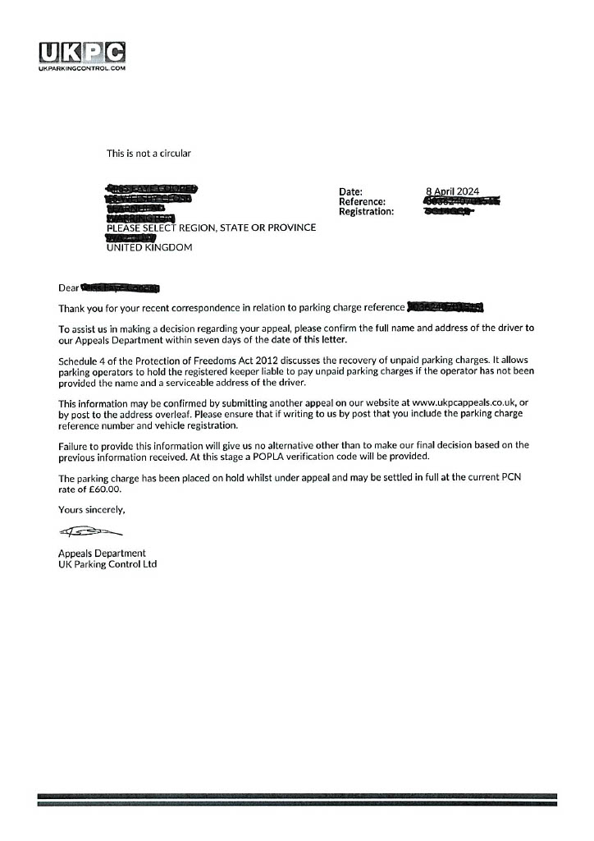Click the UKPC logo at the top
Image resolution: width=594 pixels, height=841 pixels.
pyautogui.click(x=81, y=54)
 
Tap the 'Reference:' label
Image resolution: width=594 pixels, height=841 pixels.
pyautogui.click(x=362, y=201)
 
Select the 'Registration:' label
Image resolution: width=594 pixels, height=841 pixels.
pyautogui.click(x=366, y=211)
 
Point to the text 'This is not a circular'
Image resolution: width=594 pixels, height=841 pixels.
pyautogui.click(x=148, y=153)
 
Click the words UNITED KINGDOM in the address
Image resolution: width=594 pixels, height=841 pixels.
pyautogui.click(x=149, y=247)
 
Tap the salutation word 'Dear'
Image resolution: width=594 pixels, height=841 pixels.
pyautogui.click(x=68, y=288)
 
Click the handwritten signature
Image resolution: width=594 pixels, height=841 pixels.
pyautogui.click(x=84, y=533)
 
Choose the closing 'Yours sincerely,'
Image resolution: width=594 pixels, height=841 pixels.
pyautogui.click(x=91, y=510)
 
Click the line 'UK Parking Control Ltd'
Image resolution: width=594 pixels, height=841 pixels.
pyautogui.click(x=107, y=564)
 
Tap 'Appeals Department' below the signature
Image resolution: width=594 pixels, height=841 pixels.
pyautogui.click(x=102, y=554)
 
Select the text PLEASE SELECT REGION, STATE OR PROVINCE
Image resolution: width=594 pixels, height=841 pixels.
pyautogui.click(x=211, y=227)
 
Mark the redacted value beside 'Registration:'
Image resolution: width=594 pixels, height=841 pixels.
pyautogui.click(x=448, y=211)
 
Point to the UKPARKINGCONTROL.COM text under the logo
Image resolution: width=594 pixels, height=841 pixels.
pyautogui.click(x=81, y=69)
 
